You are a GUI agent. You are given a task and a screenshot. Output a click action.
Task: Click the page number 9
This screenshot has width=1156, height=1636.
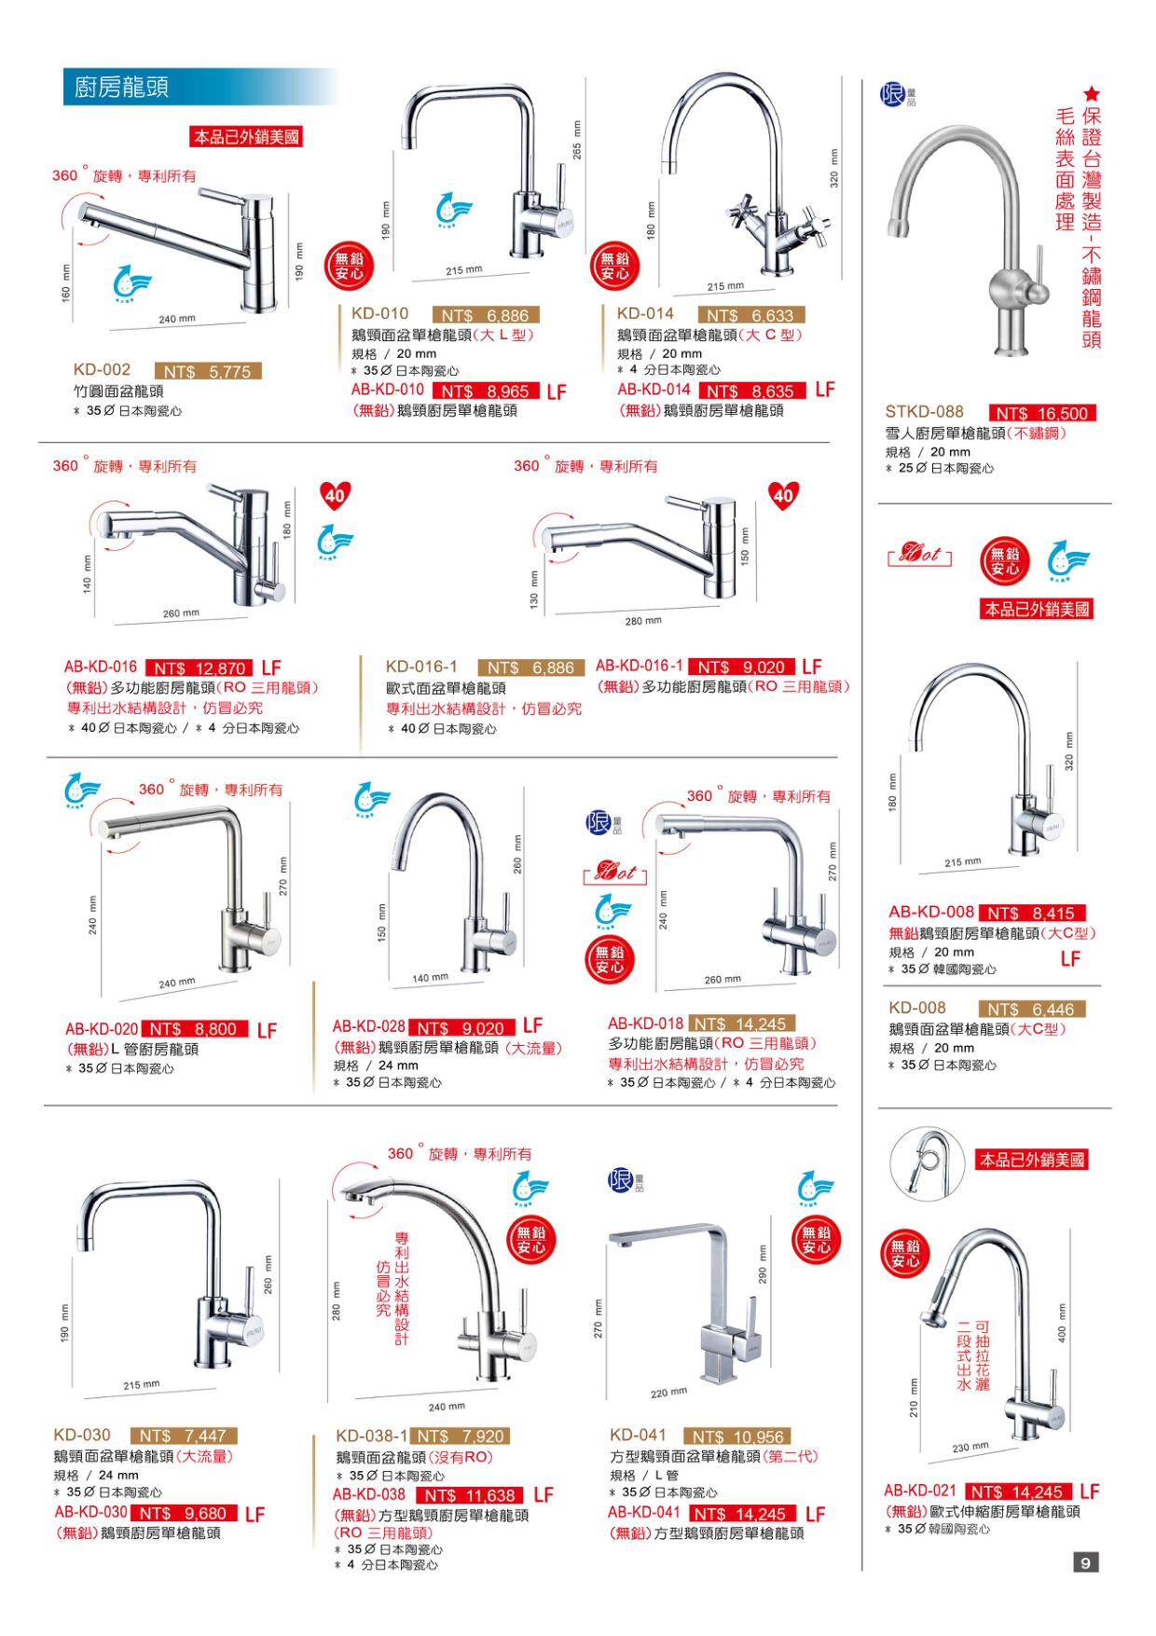pyautogui.click(x=1085, y=1562)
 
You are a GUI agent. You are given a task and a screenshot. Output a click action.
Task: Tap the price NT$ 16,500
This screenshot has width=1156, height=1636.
pyautogui.click(x=1043, y=413)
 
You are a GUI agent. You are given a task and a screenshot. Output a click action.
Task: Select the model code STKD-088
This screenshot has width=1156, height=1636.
pyautogui.click(x=925, y=412)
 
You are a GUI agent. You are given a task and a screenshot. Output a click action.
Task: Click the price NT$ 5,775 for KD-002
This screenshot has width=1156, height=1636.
pyautogui.click(x=208, y=372)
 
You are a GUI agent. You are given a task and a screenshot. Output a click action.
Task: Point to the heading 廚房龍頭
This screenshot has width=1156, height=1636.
pyautogui.click(x=121, y=89)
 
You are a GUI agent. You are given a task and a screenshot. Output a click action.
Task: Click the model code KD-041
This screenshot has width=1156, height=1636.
pyautogui.click(x=638, y=1436)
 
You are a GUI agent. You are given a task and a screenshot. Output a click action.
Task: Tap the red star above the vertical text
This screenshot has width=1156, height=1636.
pyautogui.click(x=1092, y=95)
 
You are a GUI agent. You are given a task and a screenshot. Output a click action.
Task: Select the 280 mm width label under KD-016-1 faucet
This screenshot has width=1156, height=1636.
pyautogui.click(x=643, y=621)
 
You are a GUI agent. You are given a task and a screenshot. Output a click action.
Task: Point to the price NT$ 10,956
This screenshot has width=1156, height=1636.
pyautogui.click(x=737, y=1437)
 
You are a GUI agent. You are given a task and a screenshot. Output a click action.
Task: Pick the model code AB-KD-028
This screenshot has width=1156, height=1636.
pyautogui.click(x=369, y=1026)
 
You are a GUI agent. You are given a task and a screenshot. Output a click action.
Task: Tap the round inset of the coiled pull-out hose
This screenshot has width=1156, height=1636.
pyautogui.click(x=920, y=1162)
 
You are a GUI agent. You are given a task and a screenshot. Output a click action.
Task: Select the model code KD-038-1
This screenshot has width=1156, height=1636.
pyautogui.click(x=372, y=1437)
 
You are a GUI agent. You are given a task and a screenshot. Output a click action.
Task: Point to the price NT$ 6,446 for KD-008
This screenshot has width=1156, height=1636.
pyautogui.click(x=1032, y=1010)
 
